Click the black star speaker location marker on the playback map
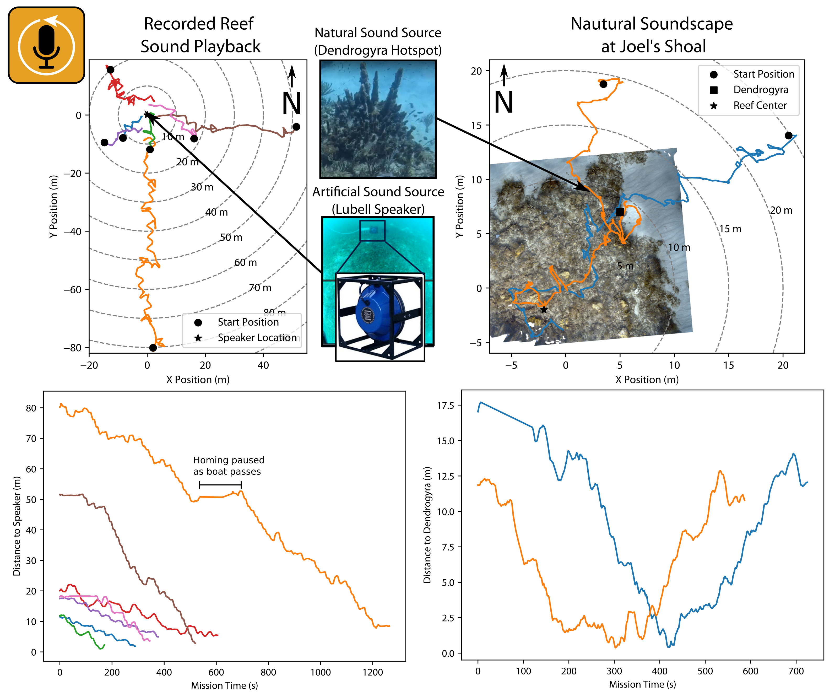tap(147, 115)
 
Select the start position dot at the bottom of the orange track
tap(153, 348)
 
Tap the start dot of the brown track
tap(296, 127)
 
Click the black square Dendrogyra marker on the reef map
tap(620, 212)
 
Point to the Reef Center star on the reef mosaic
tap(544, 309)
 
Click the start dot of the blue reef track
tap(788, 136)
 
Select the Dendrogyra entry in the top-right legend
tap(760, 90)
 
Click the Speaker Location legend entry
tap(257, 338)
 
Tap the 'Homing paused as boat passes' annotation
tap(228, 466)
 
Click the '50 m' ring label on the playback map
tap(231, 237)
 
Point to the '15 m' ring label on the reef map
tap(730, 229)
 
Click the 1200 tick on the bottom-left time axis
tap(373, 672)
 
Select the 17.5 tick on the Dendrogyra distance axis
tap(445, 406)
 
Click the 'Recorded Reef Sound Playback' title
tap(200, 35)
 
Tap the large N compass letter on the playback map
tap(291, 103)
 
